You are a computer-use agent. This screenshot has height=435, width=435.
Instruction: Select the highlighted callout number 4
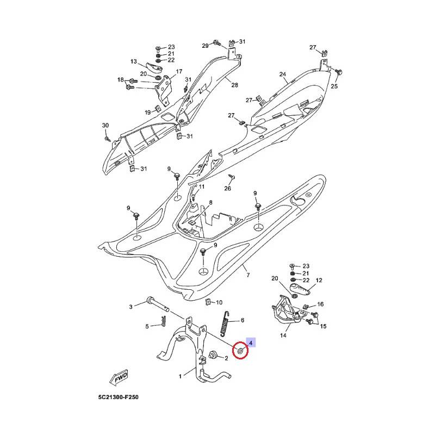pos(251,342)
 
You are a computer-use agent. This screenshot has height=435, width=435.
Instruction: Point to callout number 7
pos(248,276)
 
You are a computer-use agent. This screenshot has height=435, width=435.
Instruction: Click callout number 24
pos(283,74)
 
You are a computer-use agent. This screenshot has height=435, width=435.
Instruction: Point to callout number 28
pos(235,85)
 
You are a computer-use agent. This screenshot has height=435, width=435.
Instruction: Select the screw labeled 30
pos(108,138)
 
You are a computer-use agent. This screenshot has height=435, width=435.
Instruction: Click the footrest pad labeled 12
pos(301,287)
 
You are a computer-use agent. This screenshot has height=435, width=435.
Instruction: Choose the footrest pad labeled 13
pos(156,70)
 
